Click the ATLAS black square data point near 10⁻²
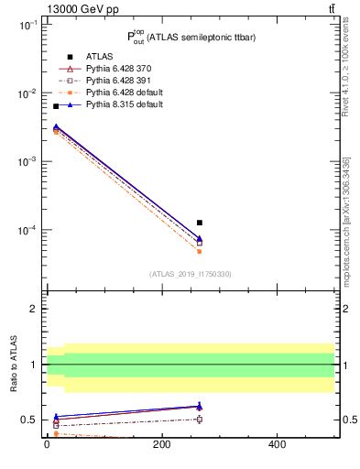click(56, 106)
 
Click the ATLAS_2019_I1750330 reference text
click(191, 274)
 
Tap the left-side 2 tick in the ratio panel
click(33, 309)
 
